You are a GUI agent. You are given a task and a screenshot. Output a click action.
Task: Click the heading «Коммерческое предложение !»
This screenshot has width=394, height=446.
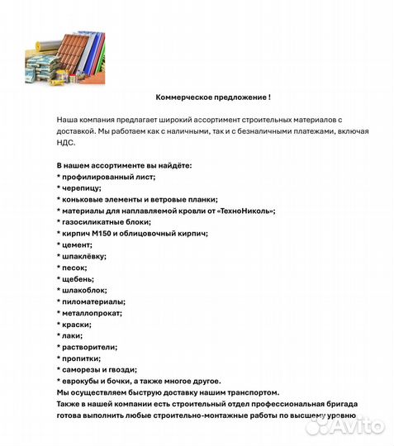point(213,97)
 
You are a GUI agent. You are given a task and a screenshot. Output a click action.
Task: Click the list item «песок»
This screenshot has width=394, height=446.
point(74,268)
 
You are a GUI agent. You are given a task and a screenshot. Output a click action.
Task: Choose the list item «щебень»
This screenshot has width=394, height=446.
point(78,279)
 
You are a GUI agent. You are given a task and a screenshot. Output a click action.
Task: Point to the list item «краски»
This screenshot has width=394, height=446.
point(76,325)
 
